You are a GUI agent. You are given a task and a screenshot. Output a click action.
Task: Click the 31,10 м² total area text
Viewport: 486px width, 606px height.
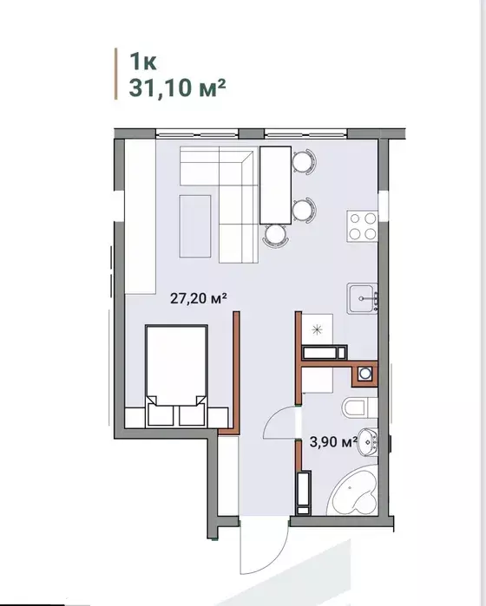point(177,88)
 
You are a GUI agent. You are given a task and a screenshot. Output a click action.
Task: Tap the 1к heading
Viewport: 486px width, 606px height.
point(143,61)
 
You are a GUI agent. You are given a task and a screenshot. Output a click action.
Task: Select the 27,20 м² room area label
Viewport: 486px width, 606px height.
point(198,298)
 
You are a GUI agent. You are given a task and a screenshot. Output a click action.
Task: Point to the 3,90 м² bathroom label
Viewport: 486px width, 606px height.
point(332,441)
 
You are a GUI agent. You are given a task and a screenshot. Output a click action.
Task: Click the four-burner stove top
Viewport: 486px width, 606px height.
point(363,226)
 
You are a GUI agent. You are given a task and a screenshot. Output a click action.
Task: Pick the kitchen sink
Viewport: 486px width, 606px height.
point(363,298)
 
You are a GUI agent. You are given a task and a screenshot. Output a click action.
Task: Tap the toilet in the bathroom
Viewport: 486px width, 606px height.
point(359,407)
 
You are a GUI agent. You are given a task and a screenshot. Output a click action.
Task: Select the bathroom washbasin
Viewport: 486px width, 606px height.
point(368,442)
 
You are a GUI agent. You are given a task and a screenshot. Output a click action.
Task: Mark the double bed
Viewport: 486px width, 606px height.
point(176,375)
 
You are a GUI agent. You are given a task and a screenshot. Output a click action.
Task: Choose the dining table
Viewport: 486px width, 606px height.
point(275,186)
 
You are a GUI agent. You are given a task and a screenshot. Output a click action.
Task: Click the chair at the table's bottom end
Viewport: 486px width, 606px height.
point(275,235)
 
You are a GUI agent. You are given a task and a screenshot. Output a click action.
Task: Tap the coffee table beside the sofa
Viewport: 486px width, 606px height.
point(195,226)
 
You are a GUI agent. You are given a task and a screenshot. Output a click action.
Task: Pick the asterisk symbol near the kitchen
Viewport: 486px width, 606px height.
point(318,329)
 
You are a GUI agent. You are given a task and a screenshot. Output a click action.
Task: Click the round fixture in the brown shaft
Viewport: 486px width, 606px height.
point(364,374)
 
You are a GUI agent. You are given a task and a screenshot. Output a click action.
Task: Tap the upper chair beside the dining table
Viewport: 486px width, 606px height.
point(304,161)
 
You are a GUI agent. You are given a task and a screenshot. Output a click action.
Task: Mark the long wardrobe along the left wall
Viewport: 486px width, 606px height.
point(140,217)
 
